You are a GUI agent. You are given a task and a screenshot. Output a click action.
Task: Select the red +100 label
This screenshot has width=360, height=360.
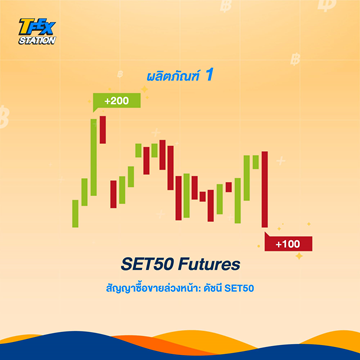pos(289,244)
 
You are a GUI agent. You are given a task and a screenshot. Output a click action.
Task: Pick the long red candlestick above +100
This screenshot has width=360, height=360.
pos(265,190)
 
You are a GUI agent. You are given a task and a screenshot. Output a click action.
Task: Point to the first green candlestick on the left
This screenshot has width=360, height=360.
pos(74,213)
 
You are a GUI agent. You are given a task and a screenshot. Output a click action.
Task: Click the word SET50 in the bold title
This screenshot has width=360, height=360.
pos(146,266)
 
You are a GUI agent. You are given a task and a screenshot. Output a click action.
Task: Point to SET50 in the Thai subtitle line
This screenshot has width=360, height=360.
pos(254,290)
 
